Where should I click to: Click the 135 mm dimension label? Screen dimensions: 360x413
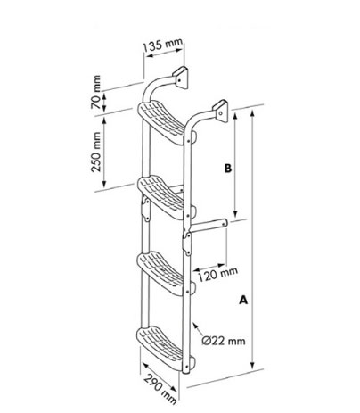pos(162,45)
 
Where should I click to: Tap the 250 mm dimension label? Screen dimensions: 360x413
pos(96,152)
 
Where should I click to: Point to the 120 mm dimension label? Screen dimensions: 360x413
pos(217,274)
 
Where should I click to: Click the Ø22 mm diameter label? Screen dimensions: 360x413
pos(224,341)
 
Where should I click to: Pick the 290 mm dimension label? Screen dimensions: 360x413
pos(160,390)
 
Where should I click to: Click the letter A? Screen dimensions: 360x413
pos(243,300)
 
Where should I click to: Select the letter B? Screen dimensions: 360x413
pos(228,169)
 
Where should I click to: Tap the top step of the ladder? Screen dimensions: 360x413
pos(163,122)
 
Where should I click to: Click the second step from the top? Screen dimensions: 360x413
pos(163,197)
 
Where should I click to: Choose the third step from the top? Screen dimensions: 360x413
pos(163,273)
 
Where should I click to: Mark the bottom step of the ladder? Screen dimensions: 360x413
pos(163,349)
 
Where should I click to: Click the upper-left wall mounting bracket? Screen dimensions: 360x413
pos(180,78)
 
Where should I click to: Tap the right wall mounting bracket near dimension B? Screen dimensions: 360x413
pos(220,112)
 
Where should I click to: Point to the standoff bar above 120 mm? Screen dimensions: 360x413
pos(209,226)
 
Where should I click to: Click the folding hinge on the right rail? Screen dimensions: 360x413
pos(187,244)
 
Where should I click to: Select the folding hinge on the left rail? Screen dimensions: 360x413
pos(146,210)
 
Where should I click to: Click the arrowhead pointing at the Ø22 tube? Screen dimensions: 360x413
pos(195,326)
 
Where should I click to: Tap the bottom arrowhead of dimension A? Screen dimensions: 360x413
pos(252,365)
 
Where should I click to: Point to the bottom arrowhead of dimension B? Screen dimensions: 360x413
pos(235,213)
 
